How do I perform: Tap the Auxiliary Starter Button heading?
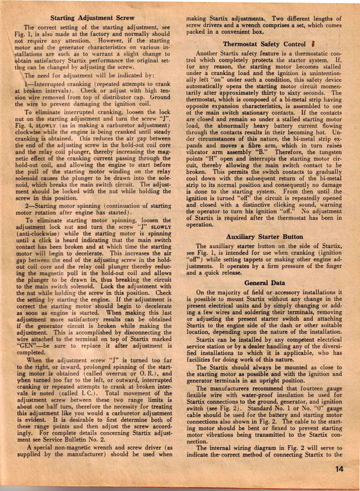pyautogui.click(x=265, y=236)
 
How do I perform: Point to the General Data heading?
pyautogui.click(x=265, y=283)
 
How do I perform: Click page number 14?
pyautogui.click(x=339, y=468)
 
